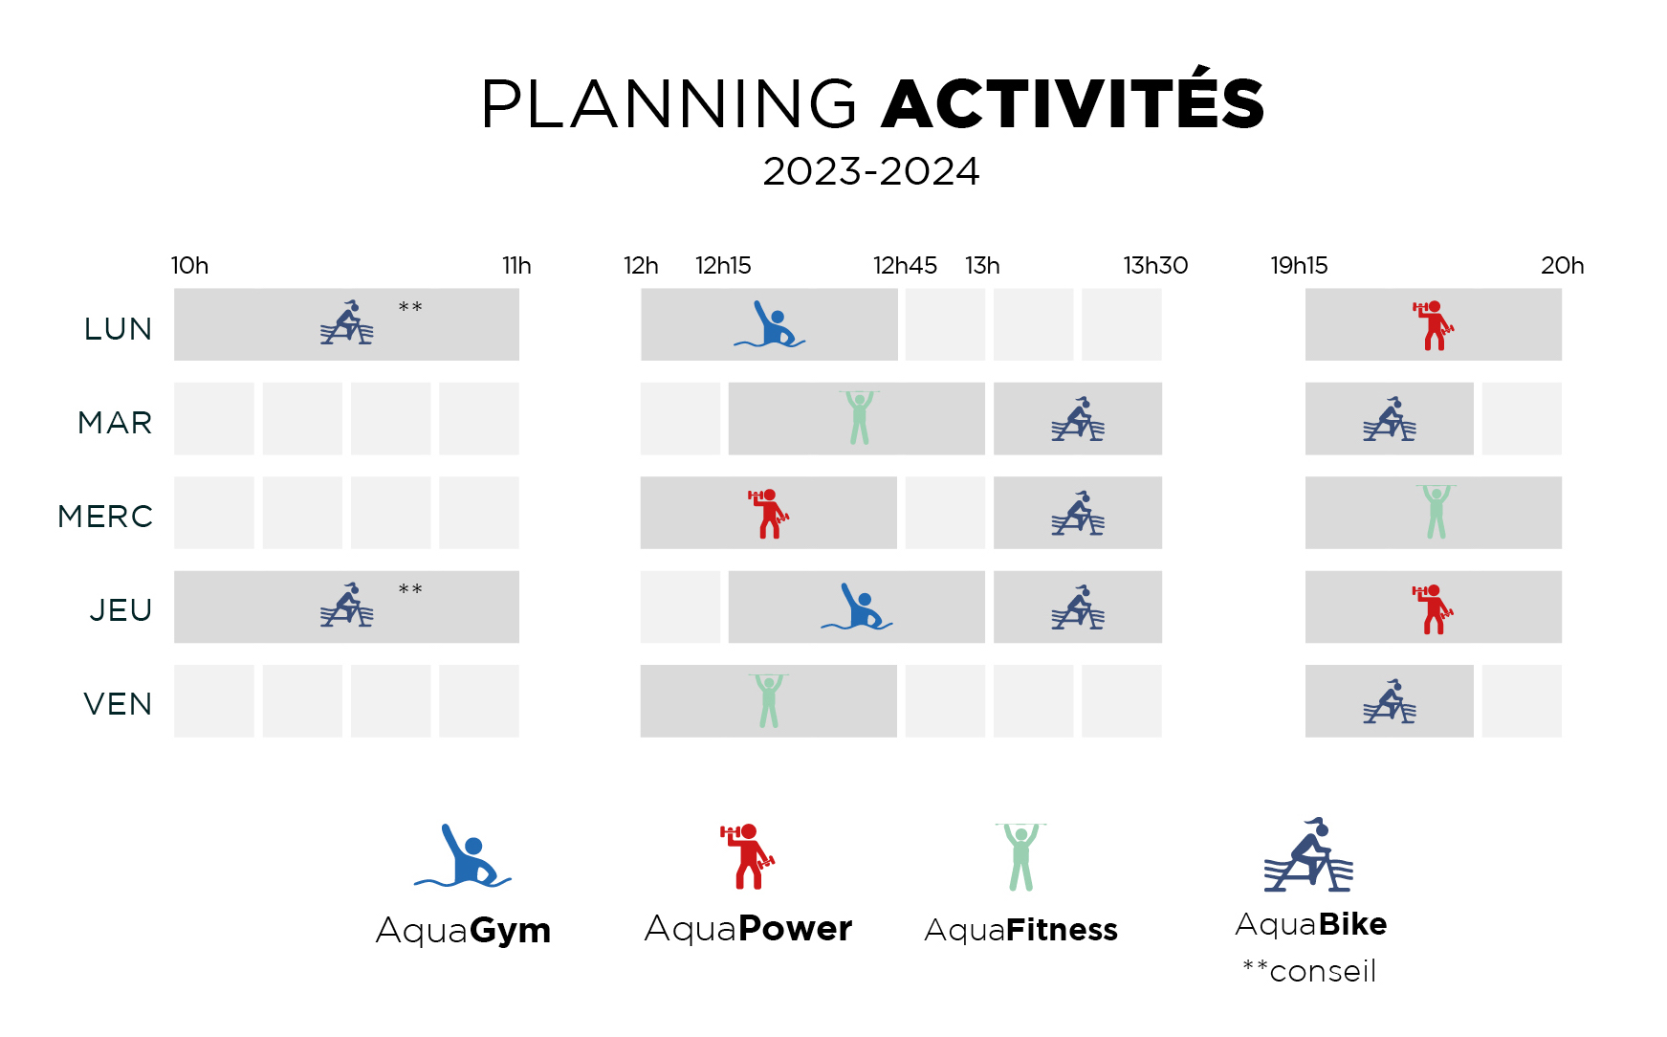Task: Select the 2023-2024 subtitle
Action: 871,172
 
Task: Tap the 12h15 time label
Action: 723,265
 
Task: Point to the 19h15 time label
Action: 1299,265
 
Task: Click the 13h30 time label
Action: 1155,265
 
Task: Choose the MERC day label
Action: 105,517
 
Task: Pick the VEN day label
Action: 118,704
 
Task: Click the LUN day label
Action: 118,329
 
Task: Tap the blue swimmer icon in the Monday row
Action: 770,324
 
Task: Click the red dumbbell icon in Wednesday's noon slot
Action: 769,514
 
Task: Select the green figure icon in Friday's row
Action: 769,700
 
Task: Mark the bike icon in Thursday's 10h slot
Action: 347,605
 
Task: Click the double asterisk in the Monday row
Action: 410,307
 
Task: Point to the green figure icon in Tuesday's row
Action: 859,417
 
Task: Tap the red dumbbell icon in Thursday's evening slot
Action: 1433,608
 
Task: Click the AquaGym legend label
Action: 463,930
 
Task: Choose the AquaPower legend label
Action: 748,928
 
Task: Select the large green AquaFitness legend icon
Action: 1020,857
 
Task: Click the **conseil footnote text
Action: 1309,971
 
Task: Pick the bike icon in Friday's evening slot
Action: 1390,701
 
